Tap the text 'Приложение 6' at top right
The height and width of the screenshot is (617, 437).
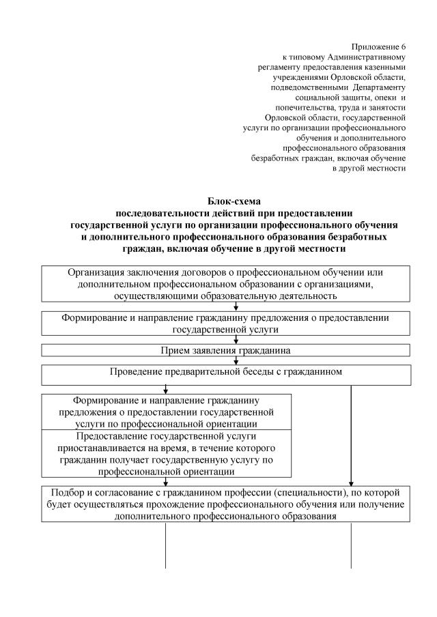coord(378,46)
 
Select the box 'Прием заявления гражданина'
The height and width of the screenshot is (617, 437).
coord(226,351)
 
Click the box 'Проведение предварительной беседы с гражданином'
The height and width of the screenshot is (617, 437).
coord(226,375)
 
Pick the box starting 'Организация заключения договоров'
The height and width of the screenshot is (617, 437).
coord(226,284)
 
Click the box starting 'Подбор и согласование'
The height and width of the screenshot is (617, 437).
coord(226,505)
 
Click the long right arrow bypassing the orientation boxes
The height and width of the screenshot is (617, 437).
coord(351,437)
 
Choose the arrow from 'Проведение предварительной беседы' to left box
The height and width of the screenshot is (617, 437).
coord(166,389)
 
